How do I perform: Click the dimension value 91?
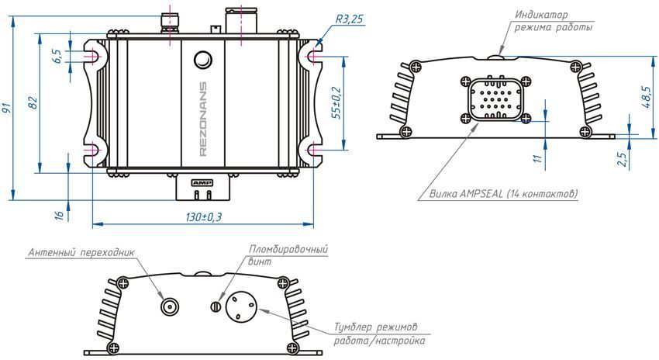9,109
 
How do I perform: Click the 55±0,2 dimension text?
336,102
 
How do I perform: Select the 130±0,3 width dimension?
203,217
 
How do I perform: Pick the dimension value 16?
58,214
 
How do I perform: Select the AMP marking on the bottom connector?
202,181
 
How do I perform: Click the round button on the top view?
203,60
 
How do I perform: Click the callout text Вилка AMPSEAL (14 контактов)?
504,193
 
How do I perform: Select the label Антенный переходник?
81,253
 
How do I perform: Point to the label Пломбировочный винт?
287,255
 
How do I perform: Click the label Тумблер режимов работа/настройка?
380,334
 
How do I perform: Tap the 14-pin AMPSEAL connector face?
495,99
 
